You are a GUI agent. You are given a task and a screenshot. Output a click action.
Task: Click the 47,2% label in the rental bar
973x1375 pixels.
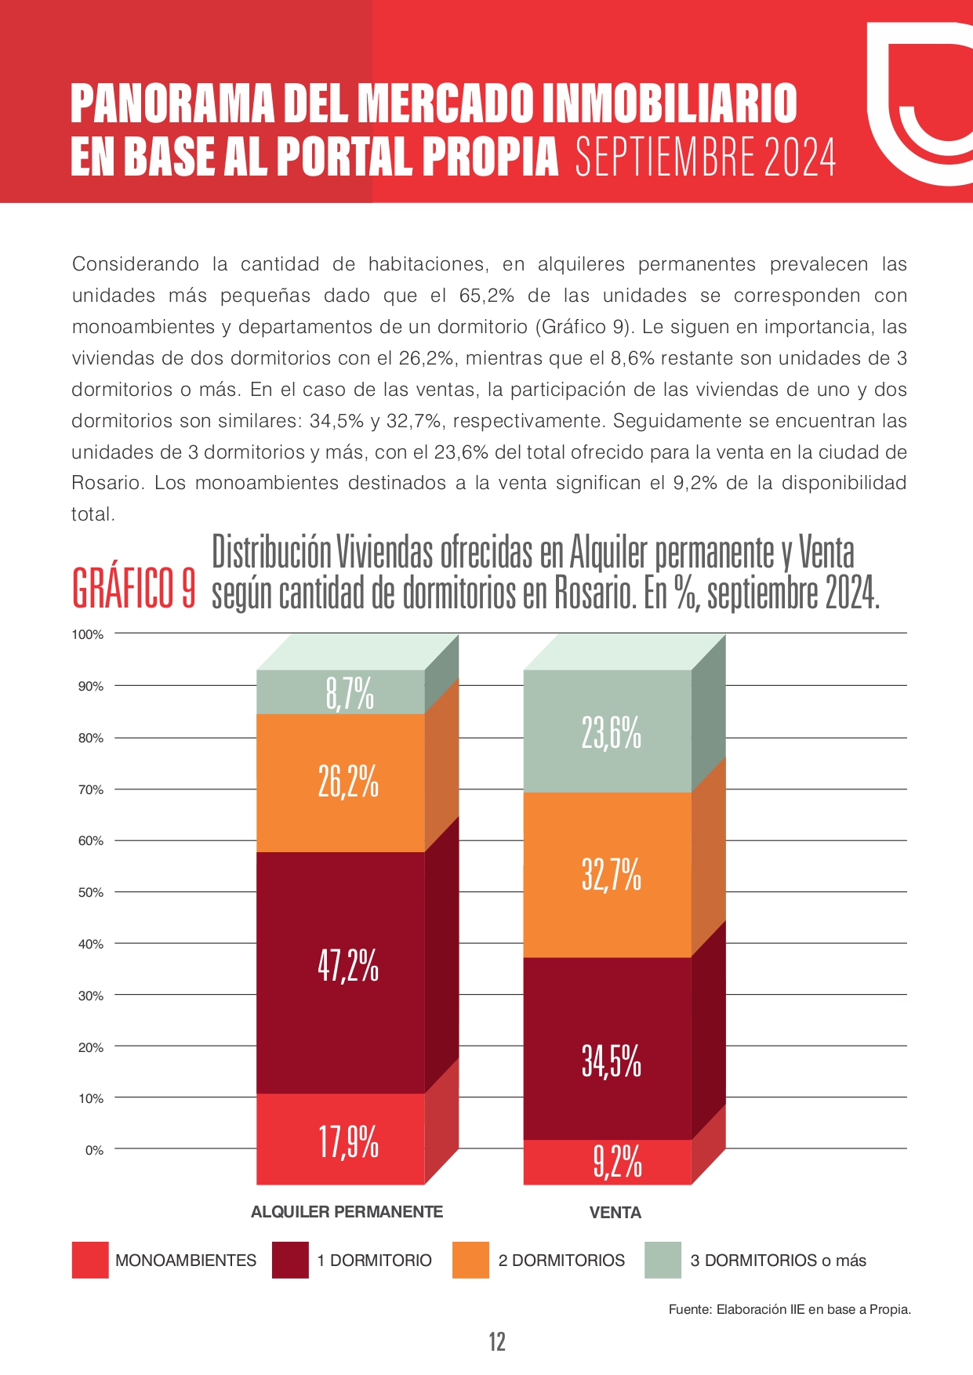(x=348, y=966)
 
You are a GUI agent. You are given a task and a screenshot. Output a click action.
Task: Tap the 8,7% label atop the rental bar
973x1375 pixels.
(x=350, y=694)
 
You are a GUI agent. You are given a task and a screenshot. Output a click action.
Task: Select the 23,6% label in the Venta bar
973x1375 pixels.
(x=612, y=734)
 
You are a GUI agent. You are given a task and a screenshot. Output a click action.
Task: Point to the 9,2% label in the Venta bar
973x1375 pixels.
(x=618, y=1161)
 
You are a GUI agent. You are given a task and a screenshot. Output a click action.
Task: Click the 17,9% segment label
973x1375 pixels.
(x=349, y=1141)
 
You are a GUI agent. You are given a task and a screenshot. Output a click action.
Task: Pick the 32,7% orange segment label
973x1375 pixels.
(x=612, y=874)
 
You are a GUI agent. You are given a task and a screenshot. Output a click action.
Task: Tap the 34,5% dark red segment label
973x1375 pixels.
(x=612, y=1061)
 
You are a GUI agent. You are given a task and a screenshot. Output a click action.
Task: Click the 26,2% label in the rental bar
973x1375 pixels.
(x=348, y=782)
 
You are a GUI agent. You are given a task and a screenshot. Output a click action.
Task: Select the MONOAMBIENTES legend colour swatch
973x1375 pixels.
(x=90, y=1261)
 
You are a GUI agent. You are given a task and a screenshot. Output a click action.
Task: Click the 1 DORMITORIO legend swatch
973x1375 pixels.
(x=290, y=1261)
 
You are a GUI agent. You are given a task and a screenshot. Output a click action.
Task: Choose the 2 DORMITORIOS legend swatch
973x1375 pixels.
(x=470, y=1261)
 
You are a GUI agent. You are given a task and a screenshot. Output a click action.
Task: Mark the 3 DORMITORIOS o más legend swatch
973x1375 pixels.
(x=663, y=1261)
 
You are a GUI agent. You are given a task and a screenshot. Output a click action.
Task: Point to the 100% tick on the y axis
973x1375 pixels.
(x=88, y=634)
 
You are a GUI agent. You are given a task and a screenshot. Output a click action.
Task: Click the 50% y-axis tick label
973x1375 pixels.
(x=91, y=893)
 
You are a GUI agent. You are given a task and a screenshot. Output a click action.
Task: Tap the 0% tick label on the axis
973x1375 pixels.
(x=94, y=1150)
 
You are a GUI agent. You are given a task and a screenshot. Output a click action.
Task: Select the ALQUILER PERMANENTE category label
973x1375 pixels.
(x=347, y=1212)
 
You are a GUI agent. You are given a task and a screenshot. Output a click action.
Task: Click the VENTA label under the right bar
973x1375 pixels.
(x=615, y=1213)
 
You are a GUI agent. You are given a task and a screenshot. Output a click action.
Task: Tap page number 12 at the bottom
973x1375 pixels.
(x=497, y=1342)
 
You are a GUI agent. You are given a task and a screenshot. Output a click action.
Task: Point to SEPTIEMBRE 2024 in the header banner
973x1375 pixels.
(x=706, y=157)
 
